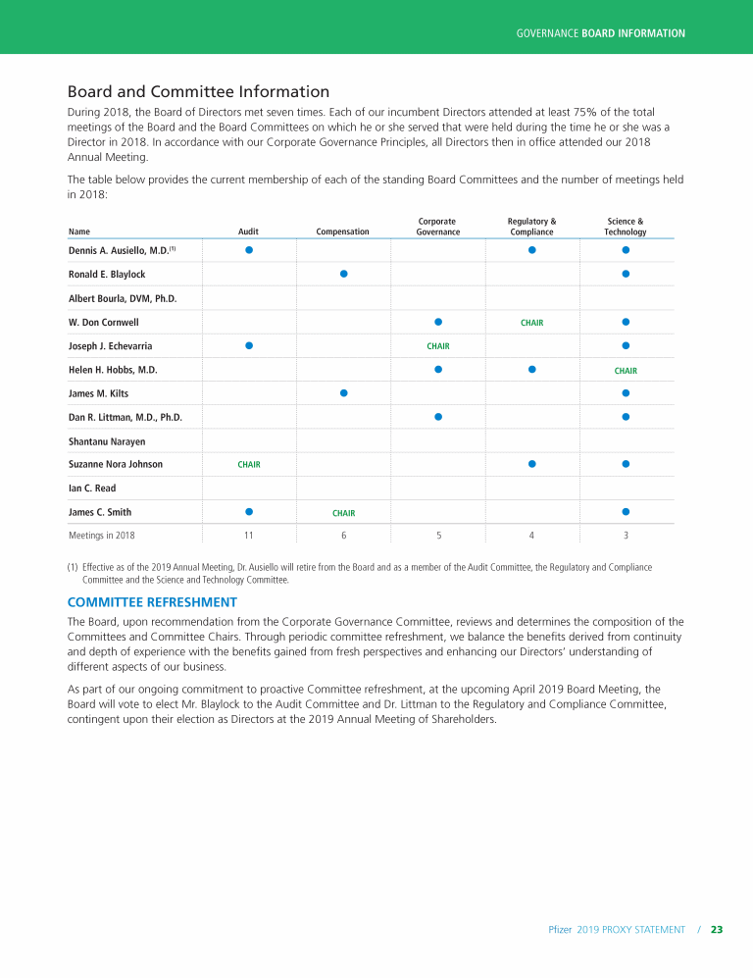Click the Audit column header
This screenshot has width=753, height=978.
[x=249, y=232]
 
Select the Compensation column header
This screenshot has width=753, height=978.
[x=343, y=232]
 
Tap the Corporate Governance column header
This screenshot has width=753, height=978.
[x=437, y=227]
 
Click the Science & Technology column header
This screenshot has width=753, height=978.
[x=626, y=227]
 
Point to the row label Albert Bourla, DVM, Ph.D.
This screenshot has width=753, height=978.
[x=123, y=298]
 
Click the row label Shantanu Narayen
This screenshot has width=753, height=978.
[x=108, y=441]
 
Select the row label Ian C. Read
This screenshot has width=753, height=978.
[x=92, y=489]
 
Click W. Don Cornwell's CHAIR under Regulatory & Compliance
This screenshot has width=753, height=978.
[x=531, y=323]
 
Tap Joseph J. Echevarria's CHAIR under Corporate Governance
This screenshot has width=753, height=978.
[x=437, y=346]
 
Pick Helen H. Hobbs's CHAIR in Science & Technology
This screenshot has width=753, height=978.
[x=626, y=371]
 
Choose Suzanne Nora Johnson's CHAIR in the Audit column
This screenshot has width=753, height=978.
[x=249, y=465]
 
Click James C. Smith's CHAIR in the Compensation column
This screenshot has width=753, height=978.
[x=343, y=513]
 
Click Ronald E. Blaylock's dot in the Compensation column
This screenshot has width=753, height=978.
[x=343, y=274]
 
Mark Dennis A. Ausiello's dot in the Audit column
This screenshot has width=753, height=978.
[x=249, y=250]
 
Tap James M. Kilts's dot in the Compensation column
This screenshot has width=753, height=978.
[x=343, y=393]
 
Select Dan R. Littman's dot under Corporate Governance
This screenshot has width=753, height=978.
[x=438, y=417]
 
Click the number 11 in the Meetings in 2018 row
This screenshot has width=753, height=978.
[x=249, y=536]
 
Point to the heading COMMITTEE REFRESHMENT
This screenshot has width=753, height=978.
[x=151, y=601]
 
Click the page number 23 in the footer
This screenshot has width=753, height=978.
[x=717, y=929]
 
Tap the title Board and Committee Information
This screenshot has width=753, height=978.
[x=198, y=92]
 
